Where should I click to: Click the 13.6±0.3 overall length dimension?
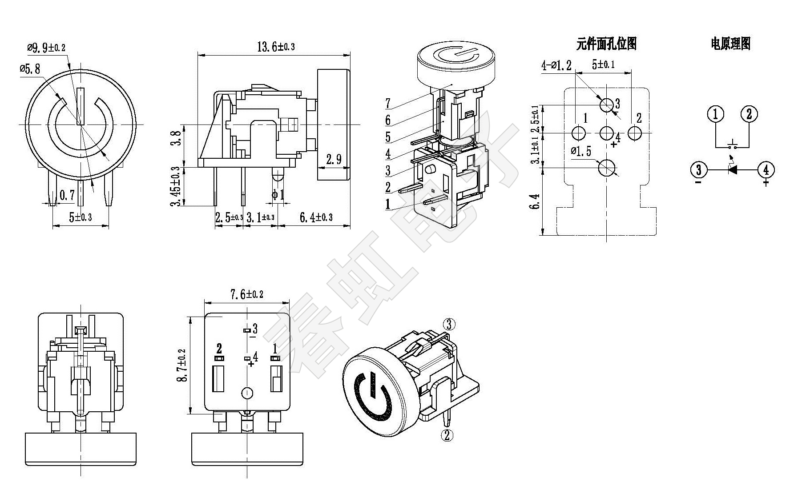click(276, 46)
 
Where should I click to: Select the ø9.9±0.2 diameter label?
click(46, 48)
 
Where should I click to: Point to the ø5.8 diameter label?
click(30, 68)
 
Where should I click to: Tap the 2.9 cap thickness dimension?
click(334, 159)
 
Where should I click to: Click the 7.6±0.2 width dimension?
click(246, 294)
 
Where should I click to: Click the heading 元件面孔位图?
click(606, 44)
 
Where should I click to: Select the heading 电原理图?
click(730, 44)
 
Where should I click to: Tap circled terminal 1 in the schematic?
click(715, 114)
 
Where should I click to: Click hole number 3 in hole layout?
click(606, 105)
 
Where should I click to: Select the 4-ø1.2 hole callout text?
click(556, 65)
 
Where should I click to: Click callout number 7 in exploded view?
click(388, 104)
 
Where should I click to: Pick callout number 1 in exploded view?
click(388, 205)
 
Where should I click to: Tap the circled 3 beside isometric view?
click(449, 324)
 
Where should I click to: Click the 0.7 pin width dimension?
click(67, 195)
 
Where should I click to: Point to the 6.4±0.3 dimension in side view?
click(316, 217)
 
